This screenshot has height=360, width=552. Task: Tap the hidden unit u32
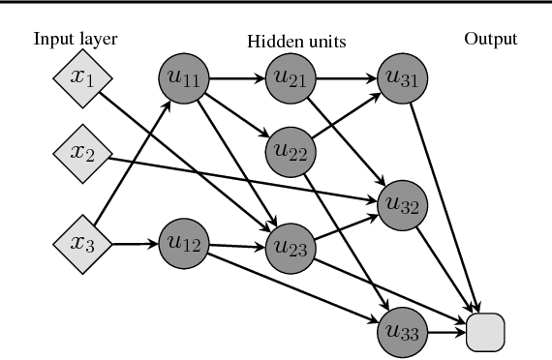[x=401, y=201]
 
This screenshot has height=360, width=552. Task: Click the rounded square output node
[x=485, y=331]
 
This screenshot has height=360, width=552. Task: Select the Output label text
[x=489, y=40]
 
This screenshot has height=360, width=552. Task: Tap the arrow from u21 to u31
[x=346, y=75]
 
